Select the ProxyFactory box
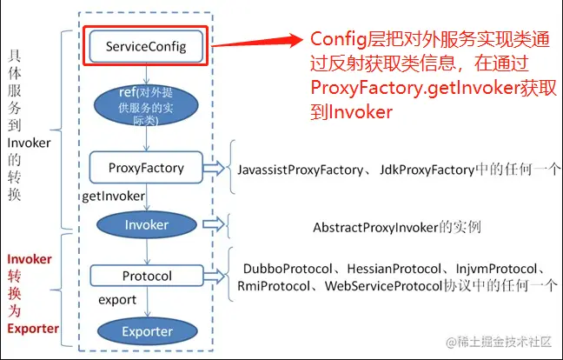coord(145,166)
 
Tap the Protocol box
coord(145,277)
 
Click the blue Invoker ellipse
coord(146,224)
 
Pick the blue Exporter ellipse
coord(146,331)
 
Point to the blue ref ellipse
coord(145,105)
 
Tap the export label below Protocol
coord(116,300)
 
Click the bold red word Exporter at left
coord(32,330)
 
